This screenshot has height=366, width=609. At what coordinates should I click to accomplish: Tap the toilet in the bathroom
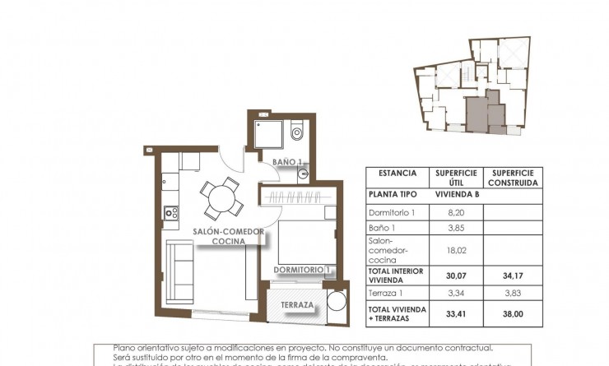click(x=297, y=132)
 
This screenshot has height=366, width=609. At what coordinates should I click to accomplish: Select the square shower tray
click(x=267, y=133)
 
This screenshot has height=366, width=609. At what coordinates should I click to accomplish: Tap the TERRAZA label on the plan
click(x=295, y=305)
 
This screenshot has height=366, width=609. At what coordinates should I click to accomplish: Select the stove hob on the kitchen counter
click(x=172, y=214)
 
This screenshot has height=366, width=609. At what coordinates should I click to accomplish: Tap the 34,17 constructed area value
click(x=512, y=278)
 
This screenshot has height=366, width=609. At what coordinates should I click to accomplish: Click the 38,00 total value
click(x=512, y=313)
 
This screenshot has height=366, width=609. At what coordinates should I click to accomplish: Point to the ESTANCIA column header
click(x=397, y=174)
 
